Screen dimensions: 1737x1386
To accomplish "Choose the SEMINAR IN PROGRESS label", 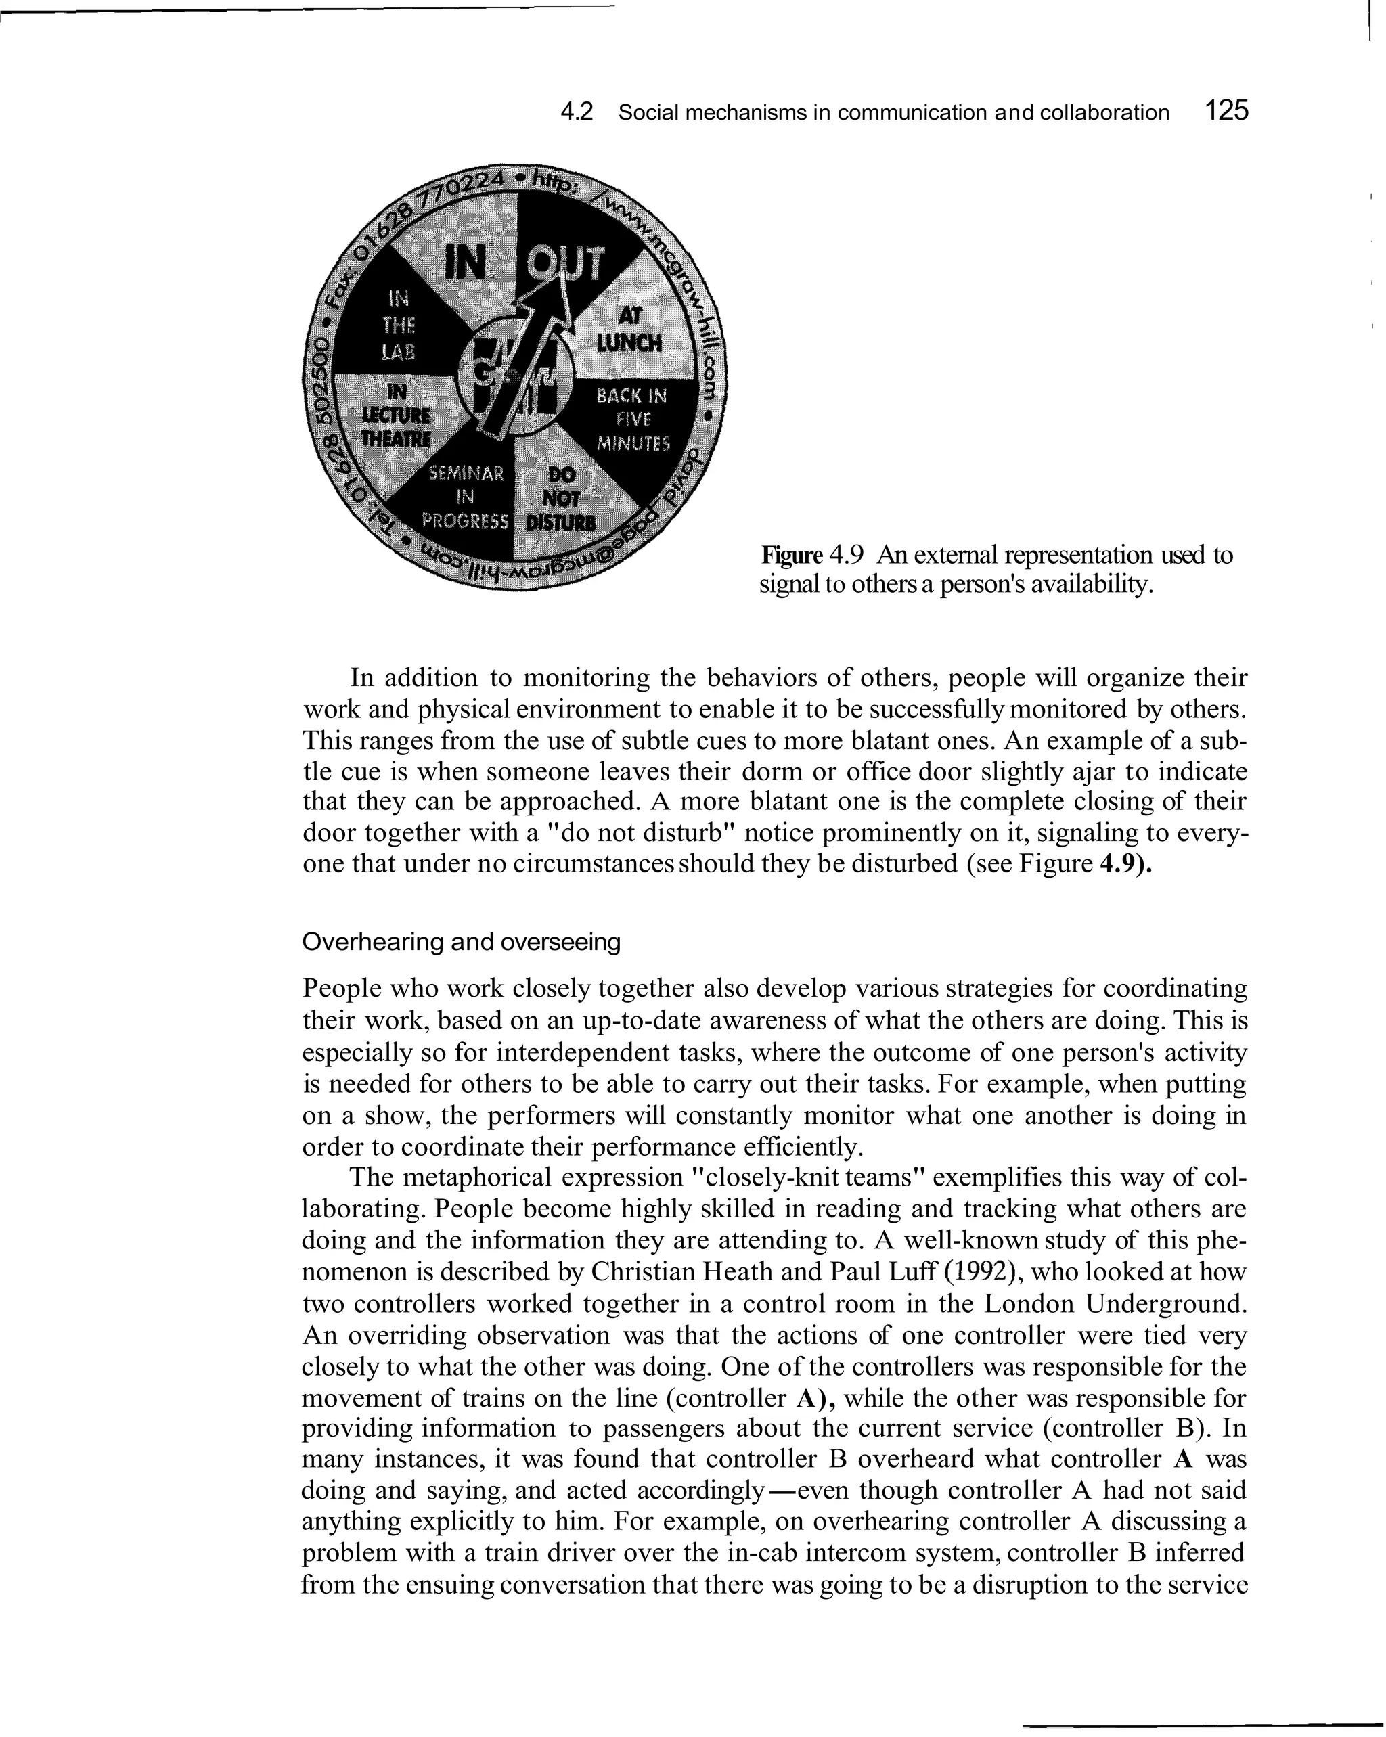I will click(x=466, y=496).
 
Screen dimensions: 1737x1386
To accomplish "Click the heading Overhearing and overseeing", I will click(x=461, y=942).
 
